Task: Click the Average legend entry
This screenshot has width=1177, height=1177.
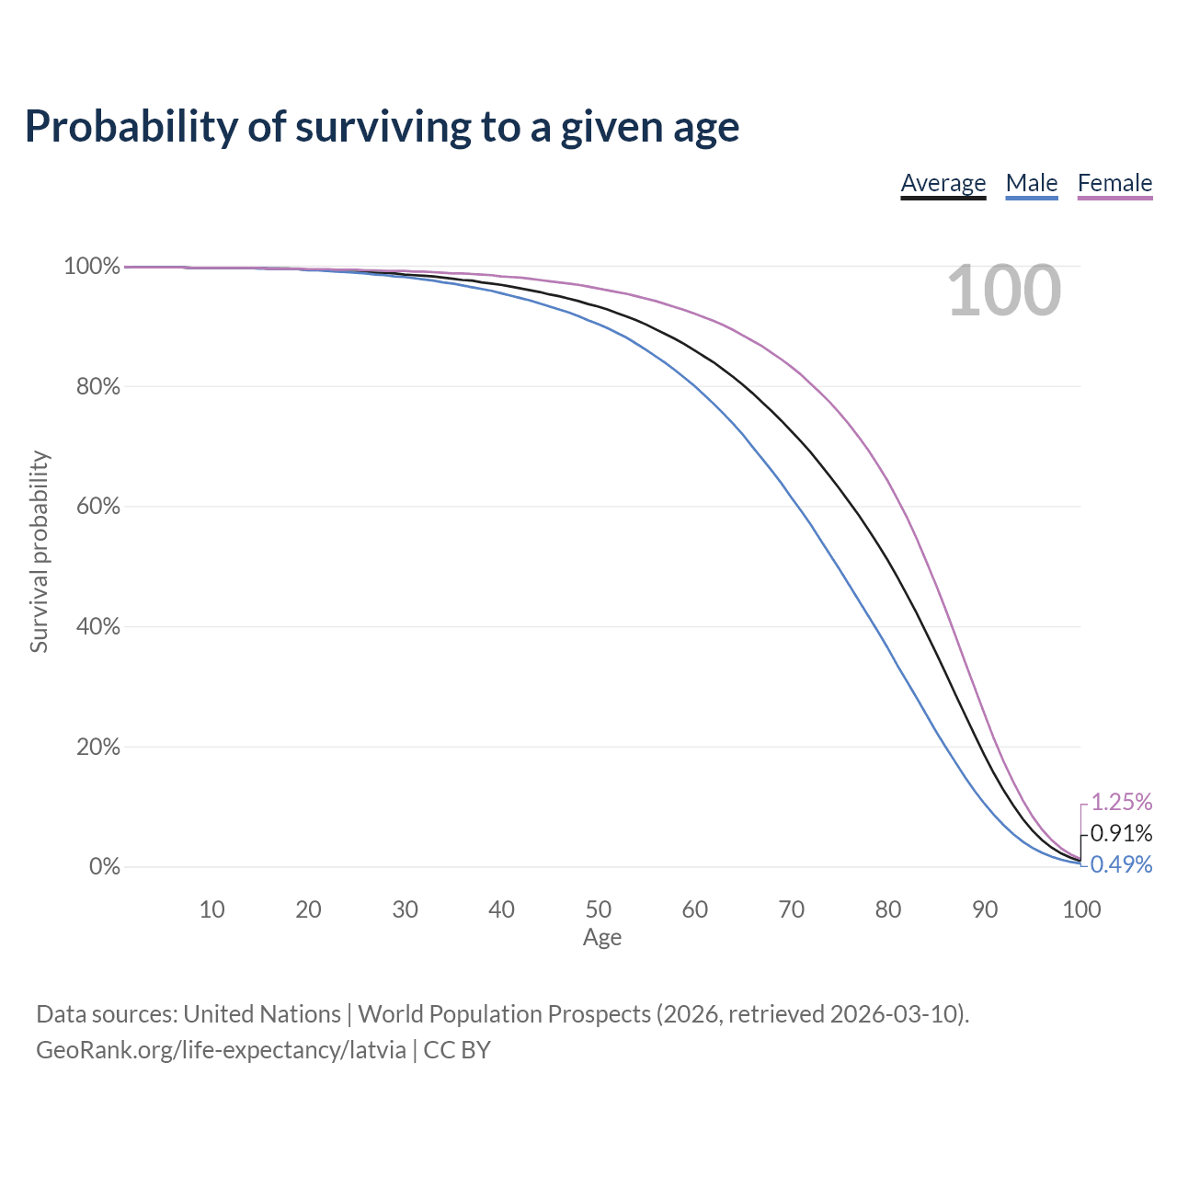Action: pyautogui.click(x=943, y=183)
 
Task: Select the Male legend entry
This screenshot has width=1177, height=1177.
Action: pyautogui.click(x=1032, y=183)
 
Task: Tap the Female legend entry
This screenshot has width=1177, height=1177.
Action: pyautogui.click(x=1114, y=183)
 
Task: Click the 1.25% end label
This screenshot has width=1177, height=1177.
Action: pyautogui.click(x=1122, y=802)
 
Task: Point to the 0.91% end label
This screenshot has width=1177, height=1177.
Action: pyautogui.click(x=1122, y=833)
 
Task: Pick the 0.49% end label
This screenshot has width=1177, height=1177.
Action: pyautogui.click(x=1122, y=864)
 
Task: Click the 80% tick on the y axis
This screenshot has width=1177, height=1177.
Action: pyautogui.click(x=98, y=386)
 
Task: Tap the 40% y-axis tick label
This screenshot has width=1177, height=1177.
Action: pyautogui.click(x=98, y=627)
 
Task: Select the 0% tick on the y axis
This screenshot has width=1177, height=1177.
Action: pyautogui.click(x=105, y=867)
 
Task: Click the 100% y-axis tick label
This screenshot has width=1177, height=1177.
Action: pyautogui.click(x=92, y=267)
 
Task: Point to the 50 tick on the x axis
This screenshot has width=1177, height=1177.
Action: pyautogui.click(x=598, y=909)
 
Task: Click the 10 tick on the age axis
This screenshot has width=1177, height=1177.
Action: pyautogui.click(x=211, y=909)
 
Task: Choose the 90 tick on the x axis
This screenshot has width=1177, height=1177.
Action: pyautogui.click(x=985, y=909)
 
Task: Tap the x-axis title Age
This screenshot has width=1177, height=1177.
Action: pyautogui.click(x=602, y=937)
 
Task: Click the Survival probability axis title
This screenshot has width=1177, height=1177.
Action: pyautogui.click(x=40, y=552)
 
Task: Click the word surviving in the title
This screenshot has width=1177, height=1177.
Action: pyautogui.click(x=383, y=127)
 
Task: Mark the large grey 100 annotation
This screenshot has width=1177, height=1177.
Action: pyautogui.click(x=1003, y=291)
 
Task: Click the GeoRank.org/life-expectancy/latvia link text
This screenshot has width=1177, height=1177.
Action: pyautogui.click(x=221, y=1050)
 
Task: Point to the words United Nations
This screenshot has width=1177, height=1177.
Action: pyautogui.click(x=262, y=1014)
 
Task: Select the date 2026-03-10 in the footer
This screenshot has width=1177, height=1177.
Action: pyautogui.click(x=896, y=1014)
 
